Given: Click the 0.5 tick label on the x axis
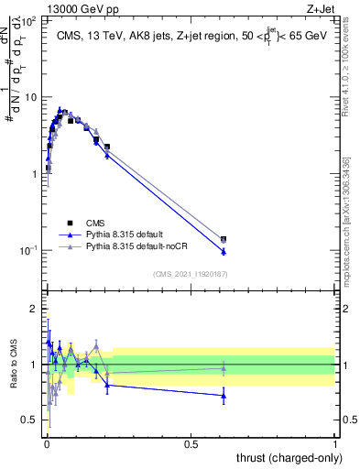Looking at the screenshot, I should (x=190, y=444).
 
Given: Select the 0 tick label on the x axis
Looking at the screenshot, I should (x=46, y=444).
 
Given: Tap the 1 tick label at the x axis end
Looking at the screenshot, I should (x=334, y=444).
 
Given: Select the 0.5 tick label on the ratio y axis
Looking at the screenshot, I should (x=31, y=420).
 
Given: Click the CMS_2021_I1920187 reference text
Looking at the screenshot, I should (x=190, y=274).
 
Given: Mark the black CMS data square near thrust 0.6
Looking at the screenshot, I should (x=224, y=240).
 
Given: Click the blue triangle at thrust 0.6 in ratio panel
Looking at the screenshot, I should (x=224, y=396).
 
